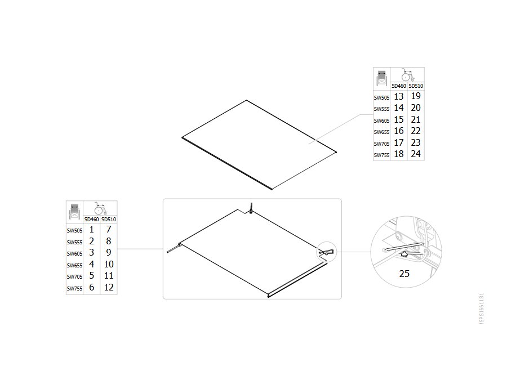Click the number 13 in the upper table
tap(399, 96)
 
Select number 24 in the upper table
tap(416, 154)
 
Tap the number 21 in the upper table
tap(416, 119)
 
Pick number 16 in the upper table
tap(399, 131)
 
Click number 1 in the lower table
tap(91, 230)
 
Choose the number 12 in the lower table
tap(109, 287)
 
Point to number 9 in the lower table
tap(109, 252)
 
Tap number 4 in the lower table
tap(91, 264)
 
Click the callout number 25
tap(404, 274)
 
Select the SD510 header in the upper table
tap(416, 86)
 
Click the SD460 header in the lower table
tap(91, 220)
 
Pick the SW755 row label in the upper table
tap(381, 155)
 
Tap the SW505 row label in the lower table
tap(74, 231)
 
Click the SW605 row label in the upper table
tap(381, 121)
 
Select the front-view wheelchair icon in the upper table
tap(382, 78)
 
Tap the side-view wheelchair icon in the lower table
tap(101, 208)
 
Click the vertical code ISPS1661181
tap(482, 309)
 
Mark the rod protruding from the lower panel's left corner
tap(174, 248)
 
